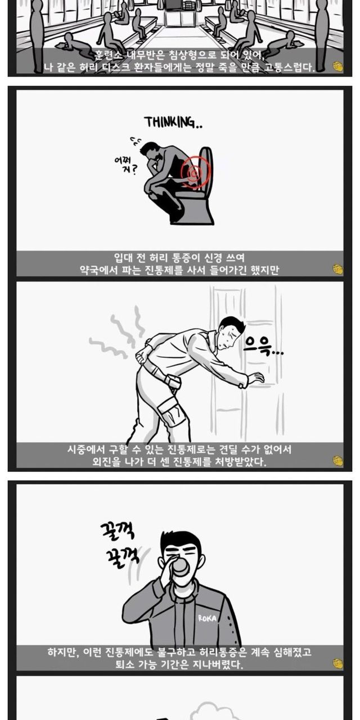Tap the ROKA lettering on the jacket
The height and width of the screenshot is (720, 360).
pos(208,618)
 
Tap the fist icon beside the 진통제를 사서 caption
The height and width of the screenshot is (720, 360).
pos(338,269)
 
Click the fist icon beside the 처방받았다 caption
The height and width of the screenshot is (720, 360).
pos(338,461)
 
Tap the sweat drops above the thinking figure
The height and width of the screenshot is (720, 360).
pos(135,141)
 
